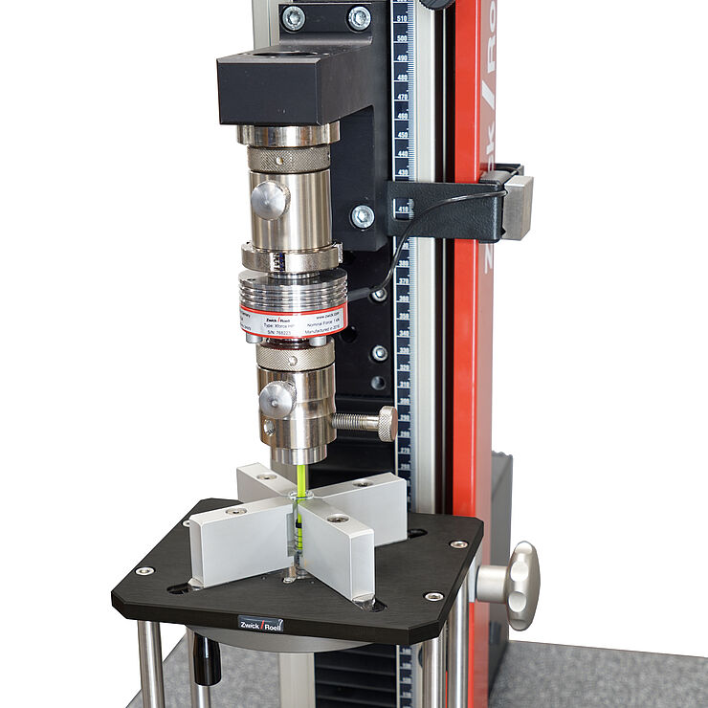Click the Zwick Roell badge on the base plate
[x=260, y=624]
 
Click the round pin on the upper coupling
[x=269, y=200]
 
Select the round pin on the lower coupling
[x=277, y=399]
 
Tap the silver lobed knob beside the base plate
[x=521, y=585]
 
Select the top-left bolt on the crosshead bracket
[x=293, y=17]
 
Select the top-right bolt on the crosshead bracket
[x=359, y=17]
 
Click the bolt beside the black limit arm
[x=363, y=216]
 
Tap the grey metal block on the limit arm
[x=518, y=207]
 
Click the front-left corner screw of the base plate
[x=144, y=571]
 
